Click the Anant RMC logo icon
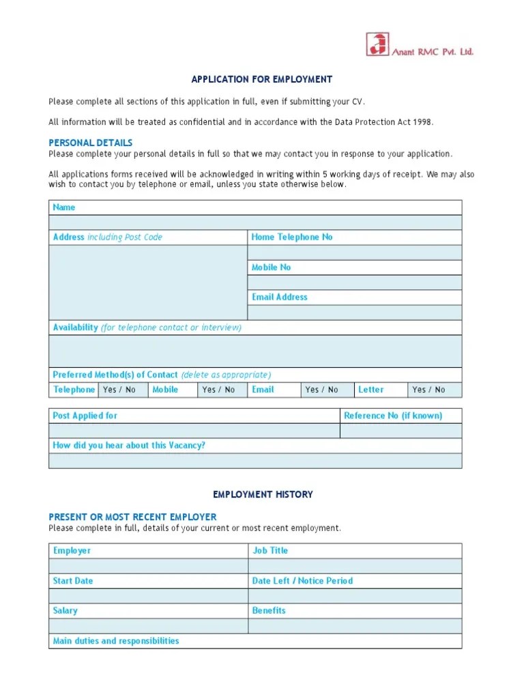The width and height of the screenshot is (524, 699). [x=377, y=44]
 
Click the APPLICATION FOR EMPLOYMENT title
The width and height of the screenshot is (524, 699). [x=262, y=80]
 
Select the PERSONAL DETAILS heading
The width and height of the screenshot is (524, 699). [x=90, y=143]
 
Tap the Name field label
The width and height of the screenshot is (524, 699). [x=64, y=208]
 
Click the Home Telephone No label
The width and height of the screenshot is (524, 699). [x=292, y=237]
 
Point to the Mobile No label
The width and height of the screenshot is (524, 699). [x=271, y=267]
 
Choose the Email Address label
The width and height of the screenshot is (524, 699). [x=279, y=297]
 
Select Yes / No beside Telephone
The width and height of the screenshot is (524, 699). [x=119, y=390]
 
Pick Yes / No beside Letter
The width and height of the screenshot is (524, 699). [x=428, y=390]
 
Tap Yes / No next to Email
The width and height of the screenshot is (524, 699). [x=321, y=390]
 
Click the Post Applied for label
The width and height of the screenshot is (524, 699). [x=85, y=416]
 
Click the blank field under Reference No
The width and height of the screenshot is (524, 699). [x=401, y=431]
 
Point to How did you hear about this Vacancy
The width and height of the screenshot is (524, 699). [x=129, y=446]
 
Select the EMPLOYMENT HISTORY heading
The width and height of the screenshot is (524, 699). [x=263, y=494]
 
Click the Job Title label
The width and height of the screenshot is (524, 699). [x=270, y=550]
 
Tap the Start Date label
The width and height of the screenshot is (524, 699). [x=73, y=581]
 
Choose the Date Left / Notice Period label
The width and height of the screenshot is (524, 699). [x=302, y=581]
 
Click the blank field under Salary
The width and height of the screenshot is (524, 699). [x=148, y=626]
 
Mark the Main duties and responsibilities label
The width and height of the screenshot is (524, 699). [x=116, y=641]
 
